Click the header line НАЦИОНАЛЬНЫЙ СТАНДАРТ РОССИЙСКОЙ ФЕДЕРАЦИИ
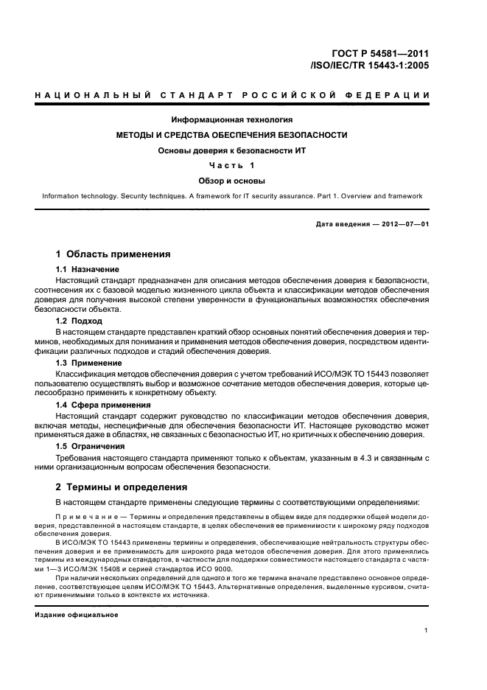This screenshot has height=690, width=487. pos(233,96)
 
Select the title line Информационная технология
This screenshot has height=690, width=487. pos(232,119)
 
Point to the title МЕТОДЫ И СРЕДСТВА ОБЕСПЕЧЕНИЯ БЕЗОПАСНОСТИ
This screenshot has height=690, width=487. pos(232,135)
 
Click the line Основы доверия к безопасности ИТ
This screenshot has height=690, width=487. pos(232,150)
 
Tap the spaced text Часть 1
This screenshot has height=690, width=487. pos(232,165)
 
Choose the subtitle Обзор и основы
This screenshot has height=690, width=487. pos(232,180)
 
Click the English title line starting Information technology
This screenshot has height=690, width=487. pos(232,196)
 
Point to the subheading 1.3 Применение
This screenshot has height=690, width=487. pos(89,363)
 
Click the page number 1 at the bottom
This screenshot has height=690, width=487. pos(427,630)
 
